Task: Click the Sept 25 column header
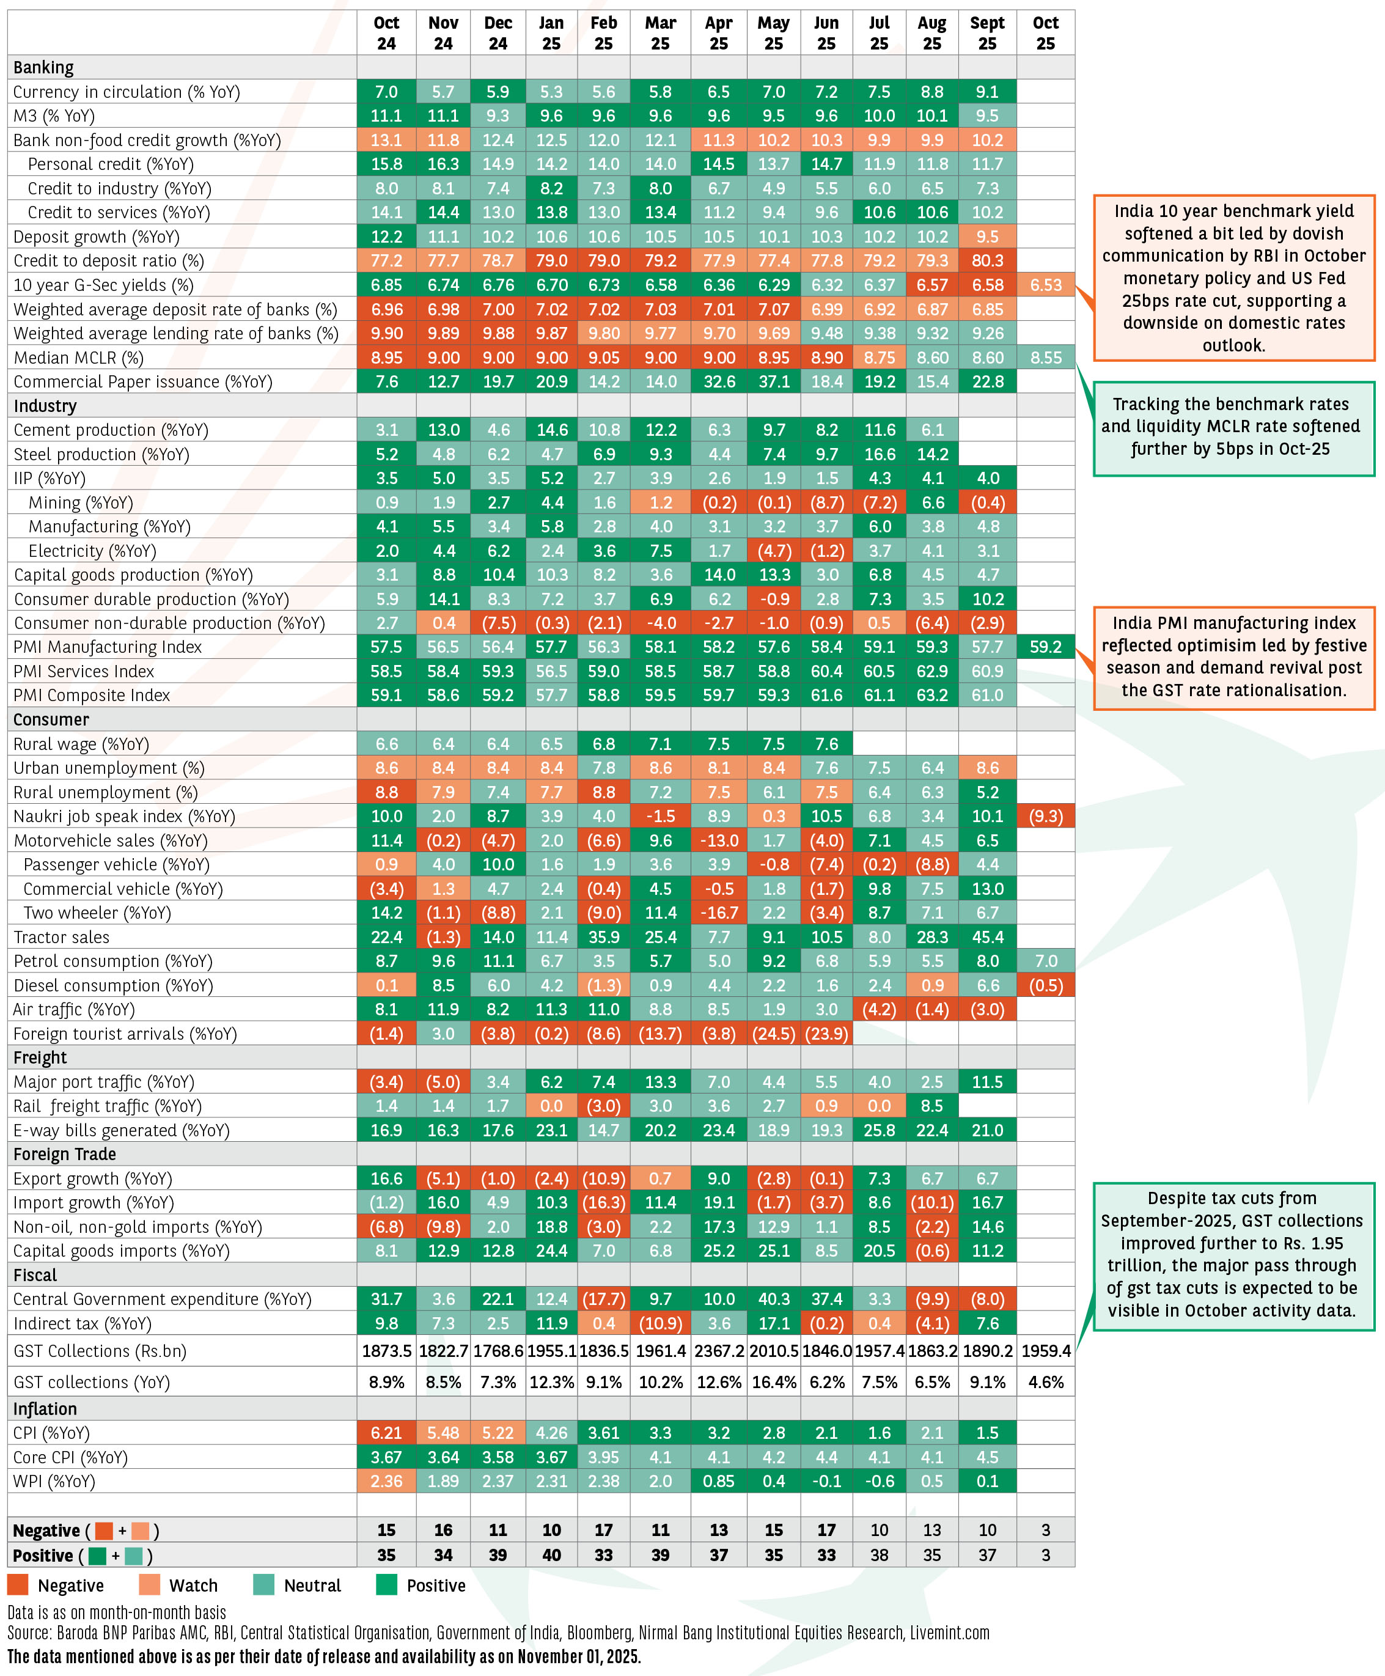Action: click(987, 34)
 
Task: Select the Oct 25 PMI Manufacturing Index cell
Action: click(1045, 646)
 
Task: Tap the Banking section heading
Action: click(44, 67)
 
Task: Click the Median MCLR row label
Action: click(78, 358)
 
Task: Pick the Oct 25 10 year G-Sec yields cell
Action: click(1045, 285)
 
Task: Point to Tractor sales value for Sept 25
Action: click(987, 936)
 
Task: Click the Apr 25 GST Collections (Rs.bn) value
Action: click(719, 1351)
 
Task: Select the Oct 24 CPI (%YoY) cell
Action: click(386, 1433)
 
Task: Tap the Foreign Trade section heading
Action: click(65, 1154)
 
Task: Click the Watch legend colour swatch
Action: click(149, 1585)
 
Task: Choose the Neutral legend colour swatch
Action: click(263, 1585)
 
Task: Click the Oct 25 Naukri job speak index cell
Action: click(1045, 816)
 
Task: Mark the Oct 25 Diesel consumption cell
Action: click(1045, 985)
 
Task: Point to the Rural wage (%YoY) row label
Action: click(81, 743)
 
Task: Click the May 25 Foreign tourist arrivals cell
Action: click(773, 1033)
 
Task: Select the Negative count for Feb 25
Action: click(603, 1530)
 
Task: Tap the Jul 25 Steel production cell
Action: click(879, 454)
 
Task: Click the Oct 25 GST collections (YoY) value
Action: click(1045, 1381)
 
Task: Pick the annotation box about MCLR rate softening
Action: click(1233, 428)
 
